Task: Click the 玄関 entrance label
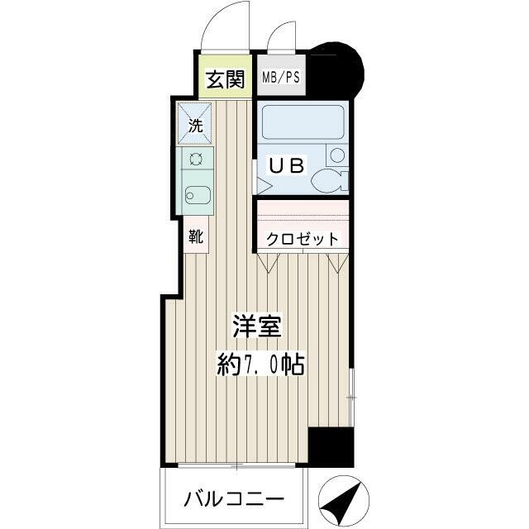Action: (x=225, y=79)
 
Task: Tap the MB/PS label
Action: (x=281, y=78)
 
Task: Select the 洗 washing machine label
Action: (x=195, y=127)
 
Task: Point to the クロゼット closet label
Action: (x=302, y=240)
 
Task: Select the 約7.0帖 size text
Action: (x=261, y=364)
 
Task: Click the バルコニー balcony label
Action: (x=234, y=500)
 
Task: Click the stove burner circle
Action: (x=197, y=160)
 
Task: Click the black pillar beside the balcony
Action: (x=331, y=448)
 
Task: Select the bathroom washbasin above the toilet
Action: (x=336, y=155)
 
